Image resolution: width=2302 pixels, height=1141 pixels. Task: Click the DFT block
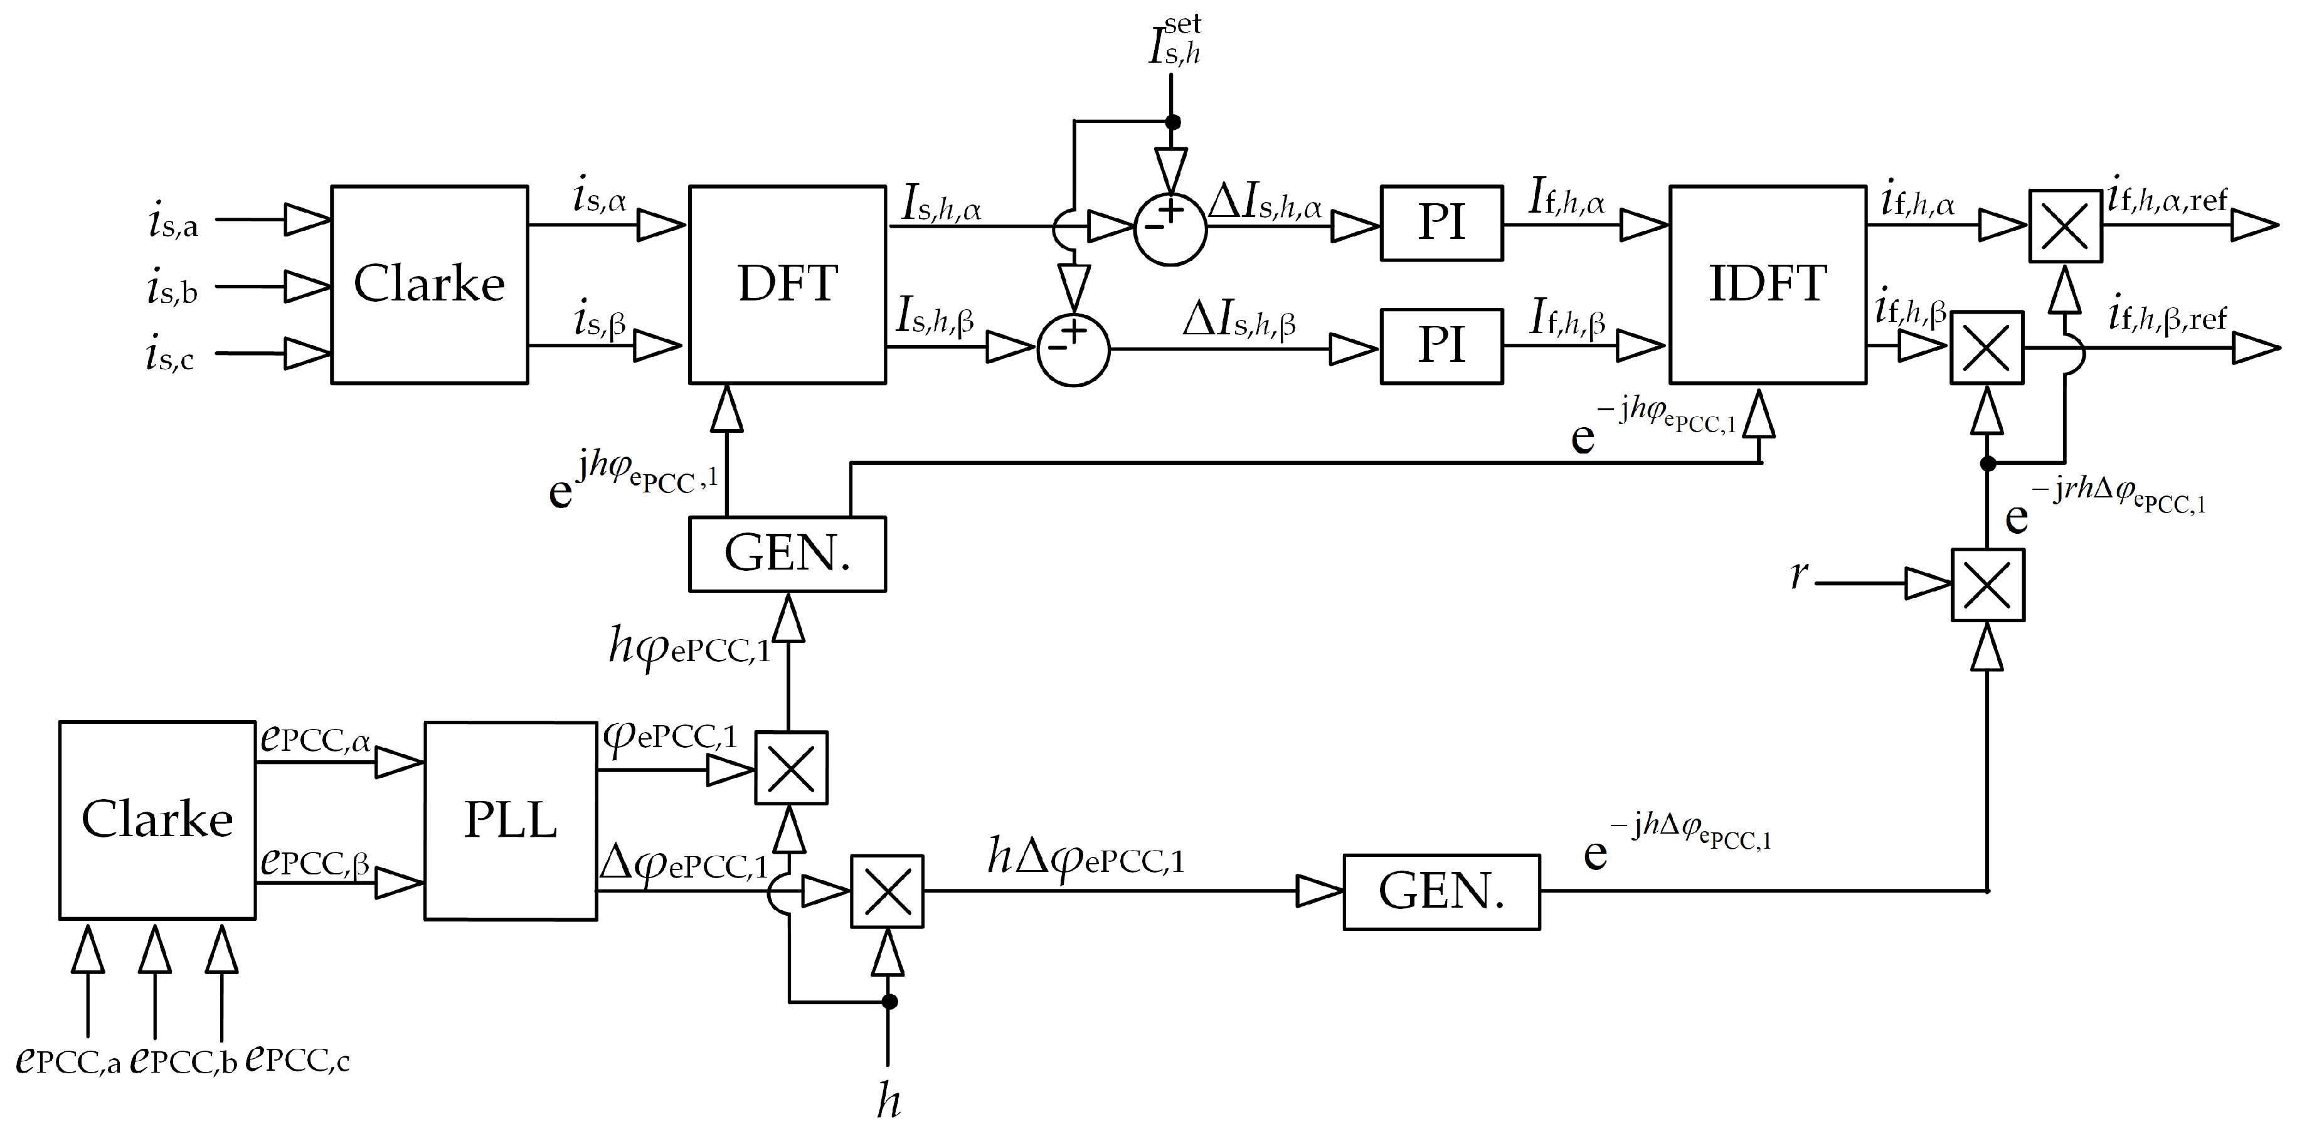coord(787,284)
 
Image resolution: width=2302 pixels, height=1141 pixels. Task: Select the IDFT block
coord(1767,284)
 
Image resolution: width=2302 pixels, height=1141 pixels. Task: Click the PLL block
coord(510,820)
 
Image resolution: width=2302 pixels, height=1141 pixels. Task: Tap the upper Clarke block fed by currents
coord(429,284)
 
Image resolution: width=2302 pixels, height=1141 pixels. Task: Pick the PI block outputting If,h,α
coord(1441,223)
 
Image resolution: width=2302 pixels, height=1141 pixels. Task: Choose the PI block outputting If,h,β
coord(1441,347)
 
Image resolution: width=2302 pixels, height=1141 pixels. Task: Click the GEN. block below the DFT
coord(787,553)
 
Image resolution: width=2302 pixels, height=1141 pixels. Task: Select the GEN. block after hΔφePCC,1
coord(1441,892)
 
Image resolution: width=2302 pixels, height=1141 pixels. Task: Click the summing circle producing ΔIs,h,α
coord(1170,229)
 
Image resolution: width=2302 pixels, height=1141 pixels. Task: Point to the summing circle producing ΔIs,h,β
coord(1073,349)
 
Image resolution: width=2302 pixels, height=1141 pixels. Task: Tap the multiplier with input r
coord(1986,585)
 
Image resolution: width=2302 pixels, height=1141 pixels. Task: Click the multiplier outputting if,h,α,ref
coord(2064,226)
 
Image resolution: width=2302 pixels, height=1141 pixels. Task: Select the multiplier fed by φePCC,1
coord(791,768)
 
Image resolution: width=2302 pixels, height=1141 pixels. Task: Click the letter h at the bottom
coord(888,1101)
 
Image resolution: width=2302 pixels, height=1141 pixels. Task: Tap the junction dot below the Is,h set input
coord(1174,122)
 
